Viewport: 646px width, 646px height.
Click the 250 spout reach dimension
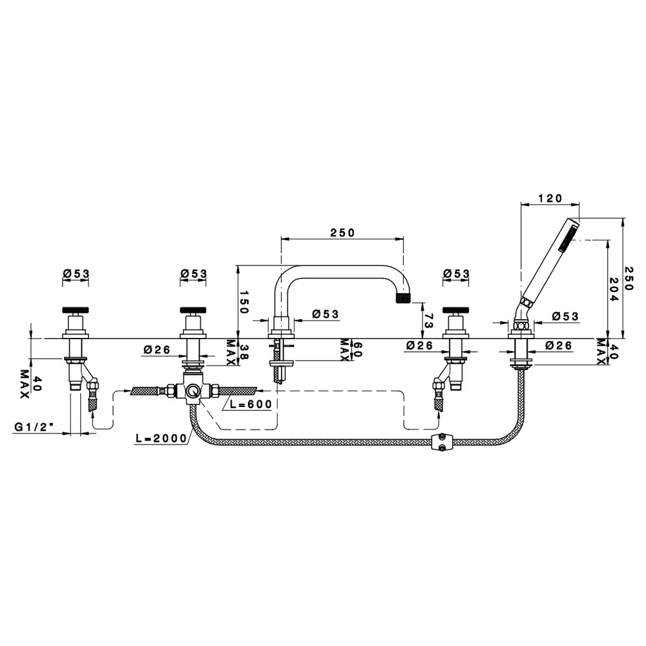[x=342, y=233]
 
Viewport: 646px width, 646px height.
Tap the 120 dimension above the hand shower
[x=550, y=198]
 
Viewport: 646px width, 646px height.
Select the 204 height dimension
[x=614, y=289]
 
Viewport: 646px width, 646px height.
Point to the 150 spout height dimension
[x=244, y=302]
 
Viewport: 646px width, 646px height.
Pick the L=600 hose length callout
[x=251, y=404]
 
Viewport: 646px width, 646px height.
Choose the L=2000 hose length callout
[x=161, y=439]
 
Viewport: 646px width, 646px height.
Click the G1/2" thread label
[x=34, y=427]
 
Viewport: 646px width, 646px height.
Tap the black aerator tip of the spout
[x=404, y=298]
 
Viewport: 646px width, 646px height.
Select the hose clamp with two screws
[x=441, y=442]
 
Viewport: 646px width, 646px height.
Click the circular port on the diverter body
[x=192, y=390]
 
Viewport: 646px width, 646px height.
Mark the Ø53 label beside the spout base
[x=326, y=314]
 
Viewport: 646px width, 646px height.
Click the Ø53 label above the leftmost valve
[x=76, y=273]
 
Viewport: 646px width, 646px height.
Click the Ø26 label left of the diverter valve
[x=157, y=349]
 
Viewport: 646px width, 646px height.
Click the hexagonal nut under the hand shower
[x=521, y=326]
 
